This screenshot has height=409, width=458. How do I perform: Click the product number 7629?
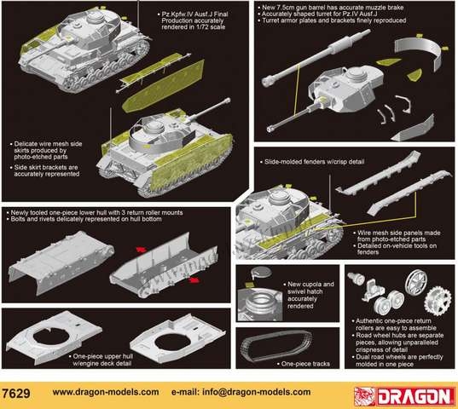click(15, 393)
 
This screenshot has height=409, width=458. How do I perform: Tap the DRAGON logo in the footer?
click(404, 396)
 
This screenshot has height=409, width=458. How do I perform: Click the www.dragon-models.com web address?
click(106, 392)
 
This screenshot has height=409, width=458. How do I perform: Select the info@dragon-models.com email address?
click(241, 392)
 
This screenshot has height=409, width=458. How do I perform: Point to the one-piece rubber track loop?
click(276, 345)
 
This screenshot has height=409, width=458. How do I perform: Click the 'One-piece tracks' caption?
click(304, 364)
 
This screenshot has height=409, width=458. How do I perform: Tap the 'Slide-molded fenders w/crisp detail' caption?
click(312, 162)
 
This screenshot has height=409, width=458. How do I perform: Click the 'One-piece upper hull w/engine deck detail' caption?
click(101, 360)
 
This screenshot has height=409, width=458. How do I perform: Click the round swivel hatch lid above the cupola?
click(262, 272)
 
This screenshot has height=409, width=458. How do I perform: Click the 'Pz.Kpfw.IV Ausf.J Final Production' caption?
click(193, 20)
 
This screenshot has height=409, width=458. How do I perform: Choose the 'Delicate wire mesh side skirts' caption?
click(46, 150)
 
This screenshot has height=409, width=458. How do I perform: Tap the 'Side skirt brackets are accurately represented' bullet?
click(44, 170)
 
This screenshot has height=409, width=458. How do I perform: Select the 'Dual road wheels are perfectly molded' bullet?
click(397, 360)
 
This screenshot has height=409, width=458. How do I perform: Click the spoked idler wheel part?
click(416, 282)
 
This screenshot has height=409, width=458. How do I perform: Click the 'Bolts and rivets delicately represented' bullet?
click(84, 219)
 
